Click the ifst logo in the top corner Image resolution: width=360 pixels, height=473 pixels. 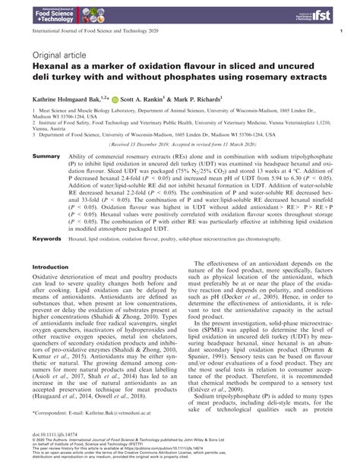(319, 14)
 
